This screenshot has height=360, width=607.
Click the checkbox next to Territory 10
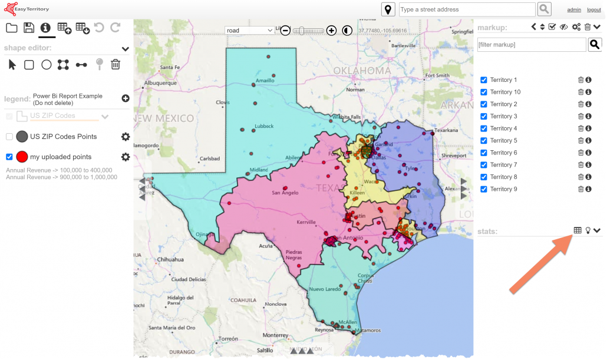[x=484, y=92]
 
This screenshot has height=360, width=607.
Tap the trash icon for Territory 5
[x=580, y=140]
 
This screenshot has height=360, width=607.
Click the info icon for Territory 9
[x=588, y=189]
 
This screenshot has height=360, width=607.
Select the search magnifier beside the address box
[x=544, y=9]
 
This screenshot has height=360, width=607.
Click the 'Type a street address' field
[x=466, y=9]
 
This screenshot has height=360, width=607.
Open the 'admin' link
[x=573, y=10]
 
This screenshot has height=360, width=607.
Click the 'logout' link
[x=593, y=10]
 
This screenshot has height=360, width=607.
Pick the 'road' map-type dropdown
[x=250, y=30]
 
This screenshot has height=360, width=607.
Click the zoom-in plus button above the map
[x=332, y=30]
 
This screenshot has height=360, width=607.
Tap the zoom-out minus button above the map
[x=285, y=30]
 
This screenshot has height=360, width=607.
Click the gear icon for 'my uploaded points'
[x=126, y=157]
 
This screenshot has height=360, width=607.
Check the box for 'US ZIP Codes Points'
[x=9, y=137]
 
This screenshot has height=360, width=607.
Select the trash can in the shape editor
[x=116, y=65]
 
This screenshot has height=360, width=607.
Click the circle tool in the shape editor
[x=47, y=65]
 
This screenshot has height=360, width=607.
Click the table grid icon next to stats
[x=578, y=230]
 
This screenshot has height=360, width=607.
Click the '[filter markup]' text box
[x=531, y=45]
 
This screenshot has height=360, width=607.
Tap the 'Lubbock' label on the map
[x=263, y=126]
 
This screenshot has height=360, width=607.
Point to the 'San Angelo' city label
[x=285, y=193]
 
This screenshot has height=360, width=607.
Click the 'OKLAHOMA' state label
[x=362, y=71]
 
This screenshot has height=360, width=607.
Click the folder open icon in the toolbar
[x=11, y=28]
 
